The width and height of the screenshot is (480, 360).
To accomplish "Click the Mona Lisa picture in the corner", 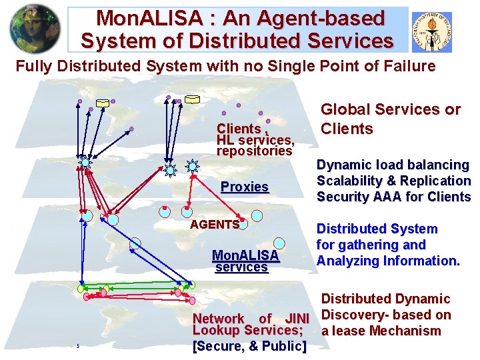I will [x=34, y=28].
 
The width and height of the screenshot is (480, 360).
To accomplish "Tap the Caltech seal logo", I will [x=431, y=32].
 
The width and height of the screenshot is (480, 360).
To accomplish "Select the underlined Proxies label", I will [x=244, y=187].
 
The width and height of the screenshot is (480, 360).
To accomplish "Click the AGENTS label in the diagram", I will [x=214, y=224].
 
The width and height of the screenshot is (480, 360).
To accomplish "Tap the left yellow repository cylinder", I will [x=103, y=103].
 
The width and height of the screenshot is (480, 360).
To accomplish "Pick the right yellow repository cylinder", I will [x=192, y=100].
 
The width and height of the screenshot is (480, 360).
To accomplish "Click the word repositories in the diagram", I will [x=254, y=151].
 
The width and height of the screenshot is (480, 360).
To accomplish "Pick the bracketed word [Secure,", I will [x=217, y=346].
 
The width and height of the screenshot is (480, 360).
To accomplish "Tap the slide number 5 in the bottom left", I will [x=78, y=346].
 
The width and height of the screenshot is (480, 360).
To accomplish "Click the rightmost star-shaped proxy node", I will [x=192, y=166].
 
